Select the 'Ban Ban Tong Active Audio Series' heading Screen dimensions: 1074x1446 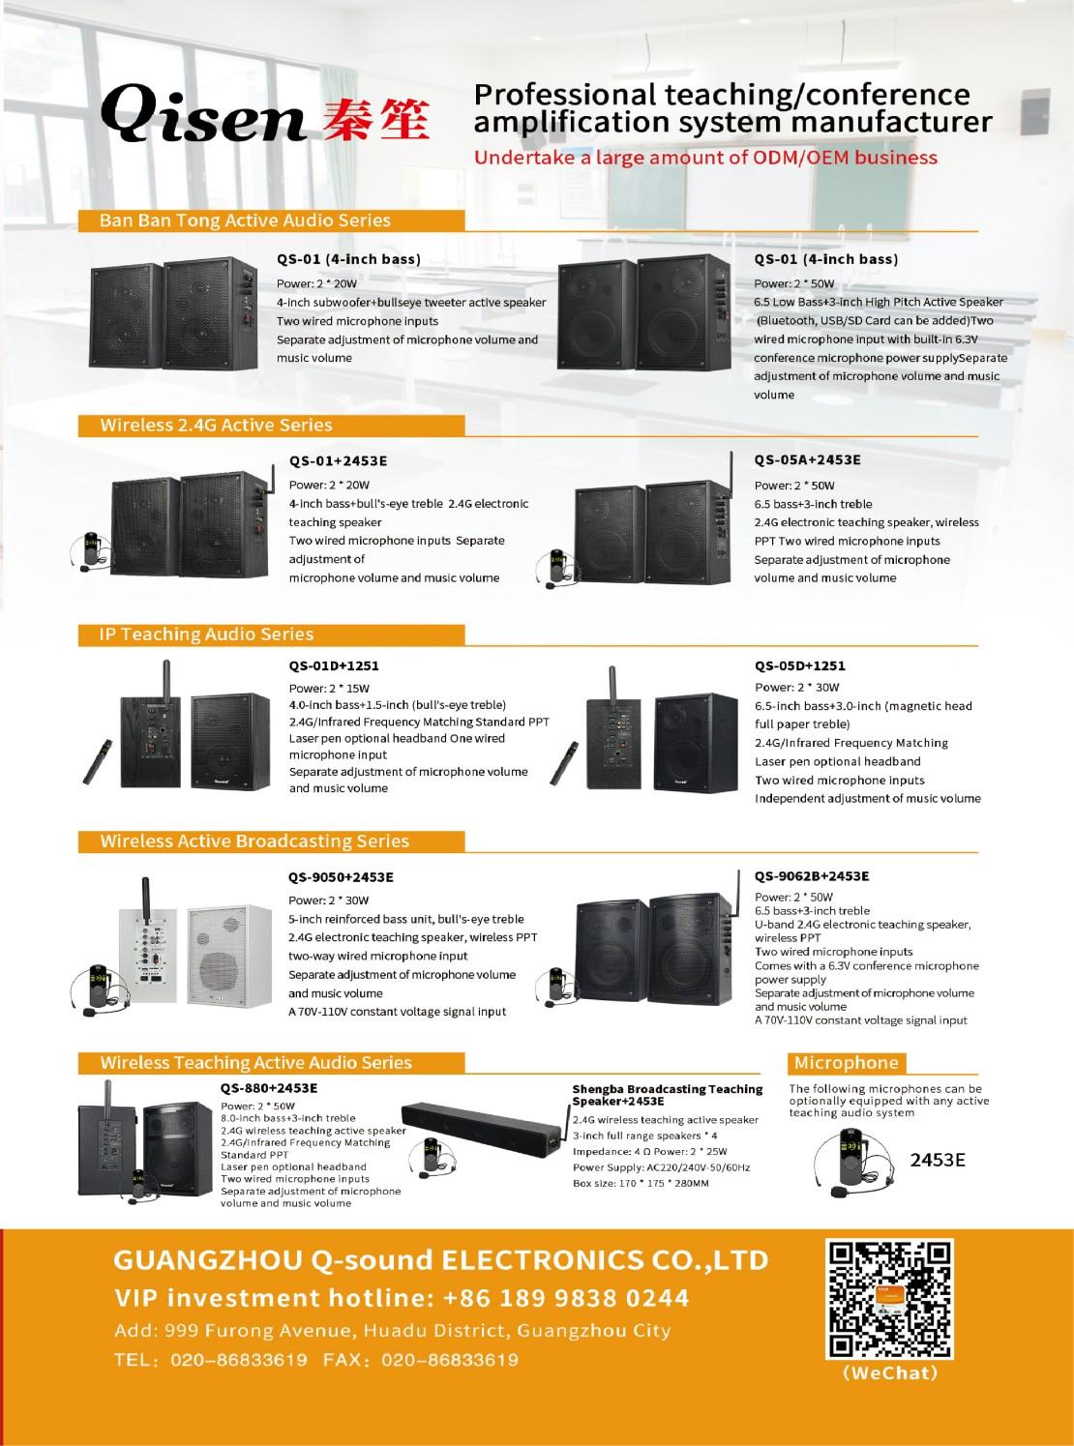click(245, 221)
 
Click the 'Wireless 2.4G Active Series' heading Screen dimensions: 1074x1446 click(217, 425)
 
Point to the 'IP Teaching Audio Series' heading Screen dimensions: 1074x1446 click(207, 634)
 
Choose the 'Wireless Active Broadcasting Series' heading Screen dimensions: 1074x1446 click(255, 841)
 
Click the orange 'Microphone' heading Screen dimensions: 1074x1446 click(846, 1063)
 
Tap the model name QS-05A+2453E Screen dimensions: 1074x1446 click(807, 460)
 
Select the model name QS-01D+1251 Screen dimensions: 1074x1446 click(334, 665)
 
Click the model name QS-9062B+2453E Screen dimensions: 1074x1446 click(812, 875)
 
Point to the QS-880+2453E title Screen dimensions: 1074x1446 click(269, 1088)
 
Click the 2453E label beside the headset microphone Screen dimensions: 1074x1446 click(938, 1160)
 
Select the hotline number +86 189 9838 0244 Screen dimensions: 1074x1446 click(566, 1298)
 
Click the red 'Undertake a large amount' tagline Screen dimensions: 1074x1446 click(705, 158)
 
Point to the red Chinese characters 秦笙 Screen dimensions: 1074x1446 click(376, 119)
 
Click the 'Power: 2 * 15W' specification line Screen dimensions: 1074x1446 click(329, 689)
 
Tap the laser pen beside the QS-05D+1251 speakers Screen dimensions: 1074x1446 click(563, 763)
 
